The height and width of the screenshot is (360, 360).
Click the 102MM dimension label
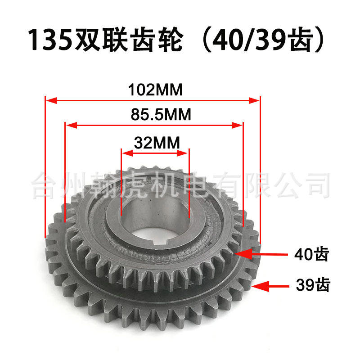point(155,90)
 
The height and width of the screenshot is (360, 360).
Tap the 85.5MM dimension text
point(161,114)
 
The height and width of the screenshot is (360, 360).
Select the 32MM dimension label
point(157,143)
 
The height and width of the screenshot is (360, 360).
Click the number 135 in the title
point(50,39)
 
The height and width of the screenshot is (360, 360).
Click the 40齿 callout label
point(311,254)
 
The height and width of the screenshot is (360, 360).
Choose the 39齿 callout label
point(313,285)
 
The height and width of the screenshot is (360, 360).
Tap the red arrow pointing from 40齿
point(261,254)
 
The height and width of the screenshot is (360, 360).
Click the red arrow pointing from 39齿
point(270,286)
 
